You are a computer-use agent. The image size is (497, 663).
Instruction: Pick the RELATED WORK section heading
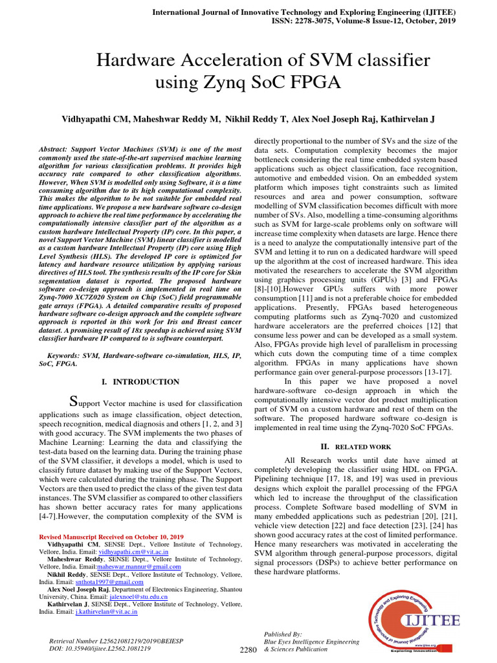point(358,446)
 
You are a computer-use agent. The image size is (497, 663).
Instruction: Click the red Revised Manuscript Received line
point(111,537)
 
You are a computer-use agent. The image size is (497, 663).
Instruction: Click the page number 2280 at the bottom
point(248,649)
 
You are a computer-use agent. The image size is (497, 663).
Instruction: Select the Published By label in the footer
point(282,633)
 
